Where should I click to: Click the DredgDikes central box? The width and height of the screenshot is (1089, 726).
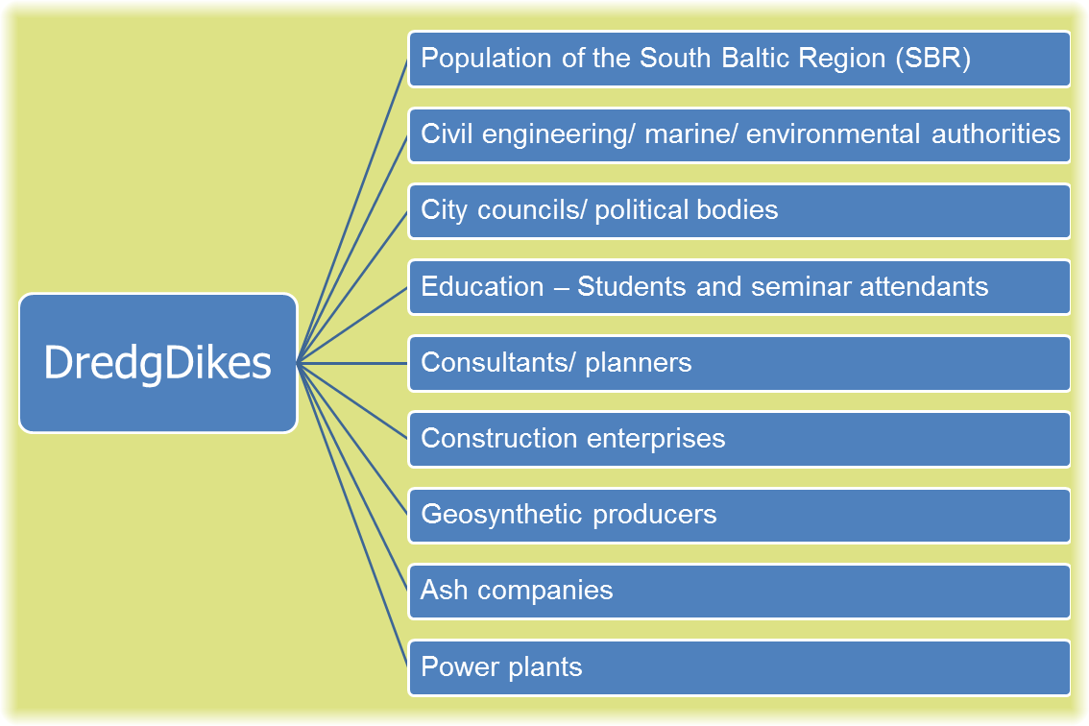click(158, 363)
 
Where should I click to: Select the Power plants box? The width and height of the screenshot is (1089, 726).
click(739, 667)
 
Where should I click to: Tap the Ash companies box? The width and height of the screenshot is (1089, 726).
click(739, 592)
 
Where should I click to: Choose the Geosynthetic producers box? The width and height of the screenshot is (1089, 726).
click(739, 516)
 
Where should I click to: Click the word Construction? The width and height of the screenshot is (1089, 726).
click(499, 438)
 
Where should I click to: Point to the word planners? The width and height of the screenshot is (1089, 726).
click(639, 363)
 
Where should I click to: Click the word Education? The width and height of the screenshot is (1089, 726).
click(482, 286)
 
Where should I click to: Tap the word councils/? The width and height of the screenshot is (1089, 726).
click(531, 209)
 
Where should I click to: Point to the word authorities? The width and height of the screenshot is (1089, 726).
click(996, 134)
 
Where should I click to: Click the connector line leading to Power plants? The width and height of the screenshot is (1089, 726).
click(352, 515)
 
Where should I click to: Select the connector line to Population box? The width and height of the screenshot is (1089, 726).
click(352, 210)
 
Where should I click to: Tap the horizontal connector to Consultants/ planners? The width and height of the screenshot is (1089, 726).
click(352, 363)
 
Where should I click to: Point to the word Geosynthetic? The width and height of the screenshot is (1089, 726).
click(501, 516)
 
